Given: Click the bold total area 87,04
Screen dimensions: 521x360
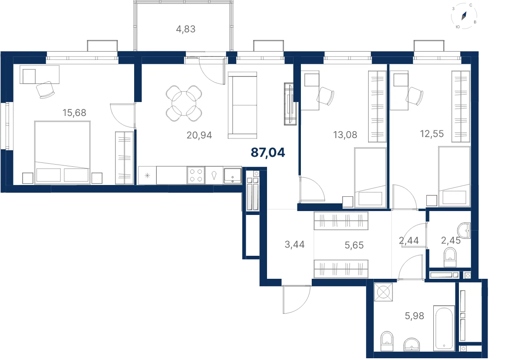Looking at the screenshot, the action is pos(268,153).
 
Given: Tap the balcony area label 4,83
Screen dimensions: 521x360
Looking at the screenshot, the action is pos(186,29).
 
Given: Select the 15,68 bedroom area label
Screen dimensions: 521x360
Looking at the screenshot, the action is pos(74,112).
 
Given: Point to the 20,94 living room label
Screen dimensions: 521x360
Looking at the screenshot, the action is pos(199,135).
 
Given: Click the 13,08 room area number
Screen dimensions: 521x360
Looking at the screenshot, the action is pos(345,135).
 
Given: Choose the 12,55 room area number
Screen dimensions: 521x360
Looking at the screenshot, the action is pos(432,134).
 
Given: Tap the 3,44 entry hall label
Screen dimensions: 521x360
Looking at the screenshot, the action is pos(294,244).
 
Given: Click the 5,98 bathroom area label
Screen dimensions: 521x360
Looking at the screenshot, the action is pos(414,316).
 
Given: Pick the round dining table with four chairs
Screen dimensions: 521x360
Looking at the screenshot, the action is pos(184,103).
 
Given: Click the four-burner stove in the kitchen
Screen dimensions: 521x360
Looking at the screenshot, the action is pos(196,175).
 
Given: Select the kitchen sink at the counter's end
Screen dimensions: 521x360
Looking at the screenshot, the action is pos(232,175).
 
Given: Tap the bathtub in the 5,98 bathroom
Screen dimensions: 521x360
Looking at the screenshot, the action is pos(444,328).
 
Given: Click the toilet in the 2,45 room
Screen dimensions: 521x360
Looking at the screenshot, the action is pos(450,257).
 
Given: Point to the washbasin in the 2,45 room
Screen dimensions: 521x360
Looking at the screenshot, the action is pos(464,231).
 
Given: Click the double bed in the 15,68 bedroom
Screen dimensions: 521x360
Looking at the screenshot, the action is pos(63,152).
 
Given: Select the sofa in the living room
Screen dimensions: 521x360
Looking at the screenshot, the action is pos(242,105).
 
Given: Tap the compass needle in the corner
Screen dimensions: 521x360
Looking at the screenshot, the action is pos(464,16).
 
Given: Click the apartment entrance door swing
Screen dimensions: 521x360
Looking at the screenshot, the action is pos(297,300).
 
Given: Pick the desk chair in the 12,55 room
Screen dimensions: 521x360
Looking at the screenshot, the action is pos(415,96).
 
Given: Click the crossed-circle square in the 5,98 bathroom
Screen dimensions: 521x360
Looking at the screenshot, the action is pos(383,292).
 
